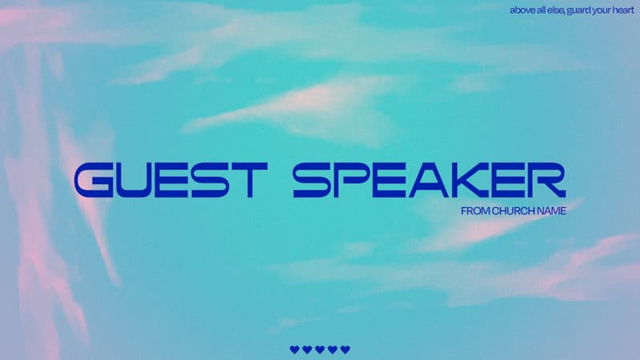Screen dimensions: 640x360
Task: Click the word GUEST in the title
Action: (x=171, y=180)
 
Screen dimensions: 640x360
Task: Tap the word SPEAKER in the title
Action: (x=430, y=180)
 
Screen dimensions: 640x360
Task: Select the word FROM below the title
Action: (x=475, y=211)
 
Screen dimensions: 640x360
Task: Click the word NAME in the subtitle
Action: (x=551, y=211)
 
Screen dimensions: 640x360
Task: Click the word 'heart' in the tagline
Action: (x=623, y=10)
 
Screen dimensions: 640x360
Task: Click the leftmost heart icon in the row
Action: (x=294, y=350)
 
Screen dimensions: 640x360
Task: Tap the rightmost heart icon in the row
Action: (x=346, y=350)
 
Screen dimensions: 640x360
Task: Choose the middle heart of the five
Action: (x=320, y=350)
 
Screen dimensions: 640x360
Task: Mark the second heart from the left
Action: (x=307, y=350)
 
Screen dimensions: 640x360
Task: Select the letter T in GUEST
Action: (x=250, y=180)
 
